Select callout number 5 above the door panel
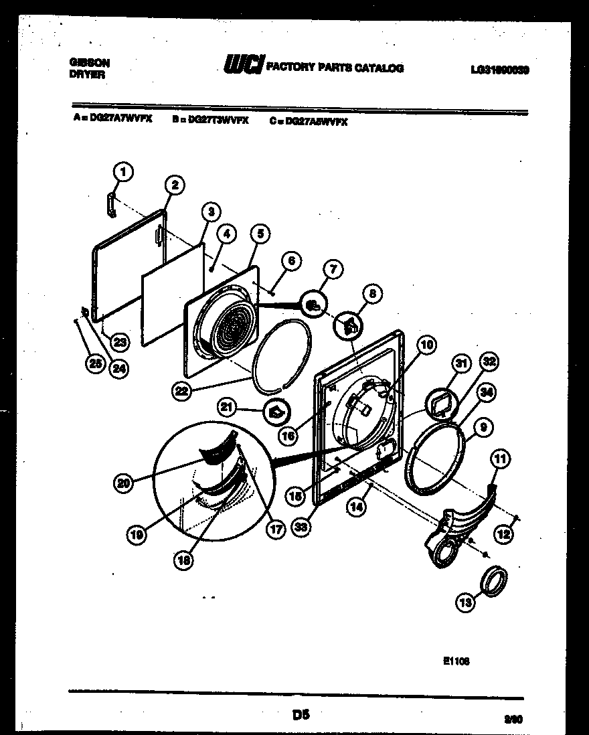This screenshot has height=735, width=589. pos(260,234)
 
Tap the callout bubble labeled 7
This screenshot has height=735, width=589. pos(333,269)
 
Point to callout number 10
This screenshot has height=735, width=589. pos(426,345)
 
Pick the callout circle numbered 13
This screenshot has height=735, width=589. pos(465,602)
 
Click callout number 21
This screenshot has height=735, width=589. pos(228,406)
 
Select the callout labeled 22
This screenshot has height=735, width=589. pos(181,392)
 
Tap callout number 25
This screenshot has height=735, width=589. pos(96,363)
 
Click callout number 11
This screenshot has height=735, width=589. pos(500,459)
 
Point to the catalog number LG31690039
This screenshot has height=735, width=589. pos(499,68)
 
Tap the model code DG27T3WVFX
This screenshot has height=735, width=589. pos(209,120)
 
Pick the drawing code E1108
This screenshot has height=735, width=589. pos(456,659)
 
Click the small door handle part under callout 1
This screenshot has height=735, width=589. pos(110,205)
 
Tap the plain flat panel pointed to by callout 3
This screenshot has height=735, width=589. pos(171,295)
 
